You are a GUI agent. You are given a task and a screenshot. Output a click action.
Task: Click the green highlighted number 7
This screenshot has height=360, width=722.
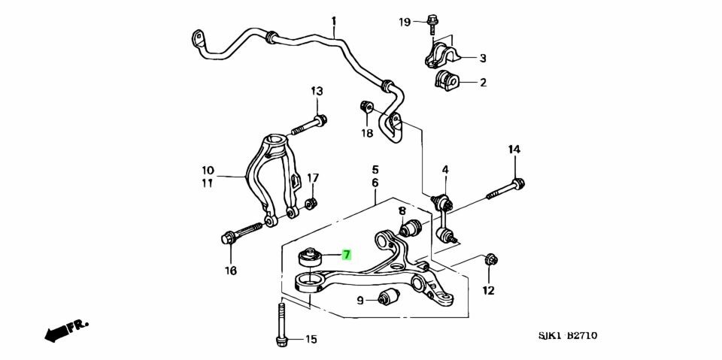coord(346,254)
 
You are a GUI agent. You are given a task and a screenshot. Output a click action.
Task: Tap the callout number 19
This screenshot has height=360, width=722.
coord(405,23)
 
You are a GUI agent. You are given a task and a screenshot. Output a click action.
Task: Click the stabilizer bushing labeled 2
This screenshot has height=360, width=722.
coord(447,80)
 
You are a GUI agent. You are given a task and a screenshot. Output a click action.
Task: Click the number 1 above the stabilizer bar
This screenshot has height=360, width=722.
coord(333,21)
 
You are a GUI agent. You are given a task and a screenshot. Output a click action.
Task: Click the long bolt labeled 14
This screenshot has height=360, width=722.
coord(504,189)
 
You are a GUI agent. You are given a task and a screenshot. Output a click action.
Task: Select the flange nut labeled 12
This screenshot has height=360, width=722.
coord(490,259)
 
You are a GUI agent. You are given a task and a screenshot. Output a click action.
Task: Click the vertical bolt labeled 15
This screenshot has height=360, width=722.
coord(281,323)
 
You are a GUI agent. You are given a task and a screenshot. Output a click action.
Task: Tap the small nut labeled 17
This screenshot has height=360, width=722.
coord(312,202)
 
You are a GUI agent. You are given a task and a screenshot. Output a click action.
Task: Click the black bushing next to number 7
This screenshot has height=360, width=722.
coord(308,257)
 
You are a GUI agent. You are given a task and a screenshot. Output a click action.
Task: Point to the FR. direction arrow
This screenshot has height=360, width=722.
coord(64,329)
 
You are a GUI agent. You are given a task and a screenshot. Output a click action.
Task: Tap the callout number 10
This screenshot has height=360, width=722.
coord(208,171)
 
